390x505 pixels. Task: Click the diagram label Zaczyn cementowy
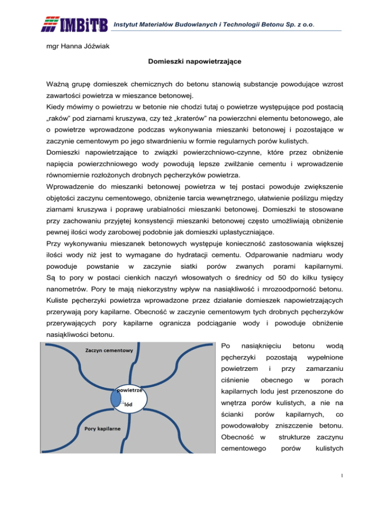pos(109,350)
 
